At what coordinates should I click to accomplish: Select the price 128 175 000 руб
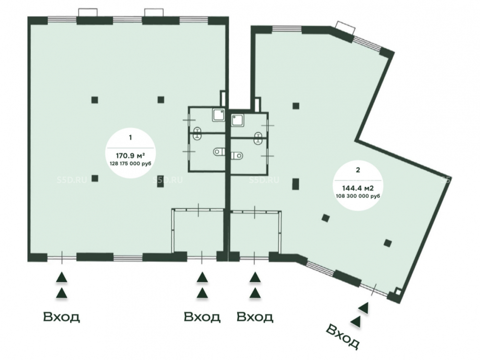click(x=131, y=164)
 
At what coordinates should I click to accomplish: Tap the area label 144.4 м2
click(x=358, y=188)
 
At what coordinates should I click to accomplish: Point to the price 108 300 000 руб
click(x=358, y=196)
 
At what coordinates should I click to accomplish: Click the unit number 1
click(x=131, y=137)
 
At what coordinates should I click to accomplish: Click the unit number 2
click(x=358, y=170)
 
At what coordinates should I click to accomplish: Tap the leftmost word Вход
click(x=61, y=317)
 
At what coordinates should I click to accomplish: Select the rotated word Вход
click(x=342, y=336)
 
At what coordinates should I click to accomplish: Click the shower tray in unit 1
click(x=218, y=115)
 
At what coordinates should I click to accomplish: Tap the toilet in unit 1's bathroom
click(x=218, y=151)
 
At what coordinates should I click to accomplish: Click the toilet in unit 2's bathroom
click(x=237, y=156)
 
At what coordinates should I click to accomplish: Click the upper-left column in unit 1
click(x=95, y=100)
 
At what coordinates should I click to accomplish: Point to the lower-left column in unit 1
click(x=95, y=178)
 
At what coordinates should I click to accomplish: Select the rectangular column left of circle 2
click(x=295, y=184)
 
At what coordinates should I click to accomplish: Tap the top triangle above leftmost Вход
click(x=61, y=277)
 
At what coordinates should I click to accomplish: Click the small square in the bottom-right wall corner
click(x=397, y=292)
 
